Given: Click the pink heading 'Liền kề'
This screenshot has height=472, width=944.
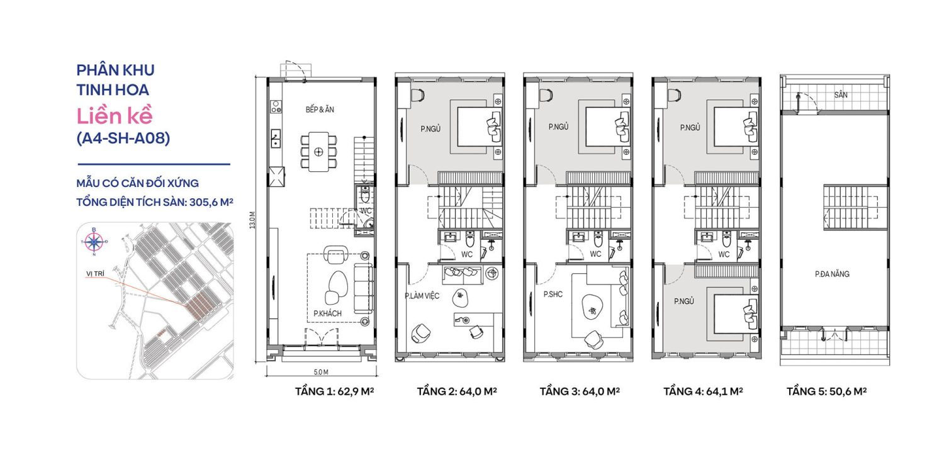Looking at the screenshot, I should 115,116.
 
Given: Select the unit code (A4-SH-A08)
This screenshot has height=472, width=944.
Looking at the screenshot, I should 123,139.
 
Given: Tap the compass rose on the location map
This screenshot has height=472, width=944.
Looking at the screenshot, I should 94,240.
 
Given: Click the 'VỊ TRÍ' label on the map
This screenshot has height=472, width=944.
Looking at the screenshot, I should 95,274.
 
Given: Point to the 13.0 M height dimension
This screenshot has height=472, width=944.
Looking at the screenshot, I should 252,220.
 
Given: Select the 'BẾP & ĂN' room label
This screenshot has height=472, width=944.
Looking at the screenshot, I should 320,110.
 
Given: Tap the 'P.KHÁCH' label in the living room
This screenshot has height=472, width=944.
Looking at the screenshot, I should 327,313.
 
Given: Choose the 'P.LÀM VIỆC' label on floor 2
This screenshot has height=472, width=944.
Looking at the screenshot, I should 422,295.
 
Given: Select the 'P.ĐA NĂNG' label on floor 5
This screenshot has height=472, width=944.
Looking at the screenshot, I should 832,274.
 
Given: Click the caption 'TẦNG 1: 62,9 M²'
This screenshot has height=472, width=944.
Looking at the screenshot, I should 335,391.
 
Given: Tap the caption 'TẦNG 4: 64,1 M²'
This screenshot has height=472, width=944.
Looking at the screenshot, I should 703,391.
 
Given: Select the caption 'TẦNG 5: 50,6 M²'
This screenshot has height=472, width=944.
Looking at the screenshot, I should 826,391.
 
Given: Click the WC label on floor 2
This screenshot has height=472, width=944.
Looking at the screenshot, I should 467,255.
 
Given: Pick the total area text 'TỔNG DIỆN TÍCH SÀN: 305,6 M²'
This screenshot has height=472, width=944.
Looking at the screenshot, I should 155,202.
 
